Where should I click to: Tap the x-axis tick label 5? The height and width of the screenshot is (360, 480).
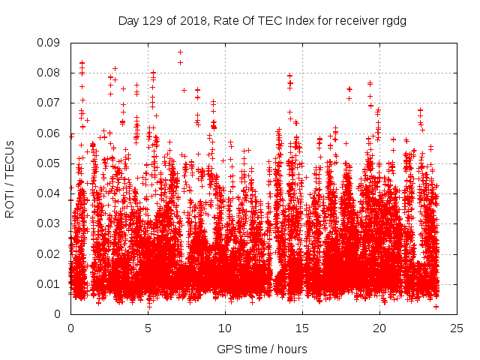[148, 328]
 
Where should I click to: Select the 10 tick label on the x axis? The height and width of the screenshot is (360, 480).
[226, 328]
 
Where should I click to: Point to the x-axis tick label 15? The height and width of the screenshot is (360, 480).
[303, 328]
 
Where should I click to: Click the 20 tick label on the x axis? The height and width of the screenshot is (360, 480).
[380, 328]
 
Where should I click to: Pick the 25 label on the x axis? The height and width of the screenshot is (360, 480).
[457, 328]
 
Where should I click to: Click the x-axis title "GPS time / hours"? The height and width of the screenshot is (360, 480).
[262, 349]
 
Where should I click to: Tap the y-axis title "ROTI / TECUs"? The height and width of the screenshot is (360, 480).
[10, 179]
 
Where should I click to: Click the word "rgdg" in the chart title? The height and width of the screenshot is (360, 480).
[392, 21]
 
